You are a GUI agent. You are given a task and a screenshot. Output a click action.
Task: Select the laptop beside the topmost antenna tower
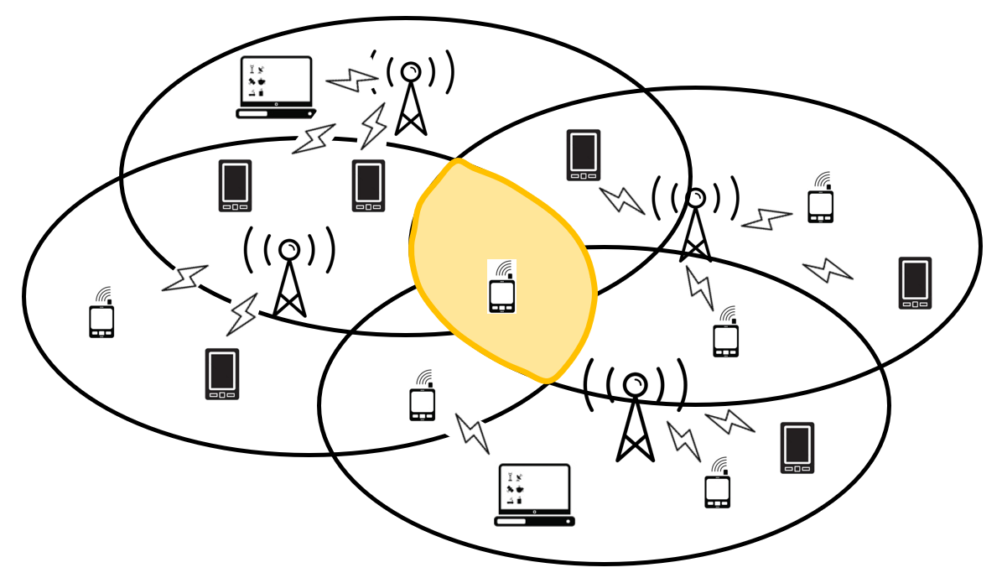click(276, 87)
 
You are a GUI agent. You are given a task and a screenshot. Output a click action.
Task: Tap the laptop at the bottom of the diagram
click(534, 495)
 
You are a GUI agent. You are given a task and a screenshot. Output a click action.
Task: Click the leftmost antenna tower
click(289, 277)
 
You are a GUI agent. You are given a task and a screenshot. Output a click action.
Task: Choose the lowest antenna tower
click(636, 415)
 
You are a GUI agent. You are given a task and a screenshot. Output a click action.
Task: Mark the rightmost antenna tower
click(695, 222)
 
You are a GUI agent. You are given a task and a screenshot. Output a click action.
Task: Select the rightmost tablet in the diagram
click(915, 283)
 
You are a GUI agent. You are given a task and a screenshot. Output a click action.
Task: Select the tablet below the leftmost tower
click(222, 373)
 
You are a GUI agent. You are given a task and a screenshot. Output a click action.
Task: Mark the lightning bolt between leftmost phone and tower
click(184, 278)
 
